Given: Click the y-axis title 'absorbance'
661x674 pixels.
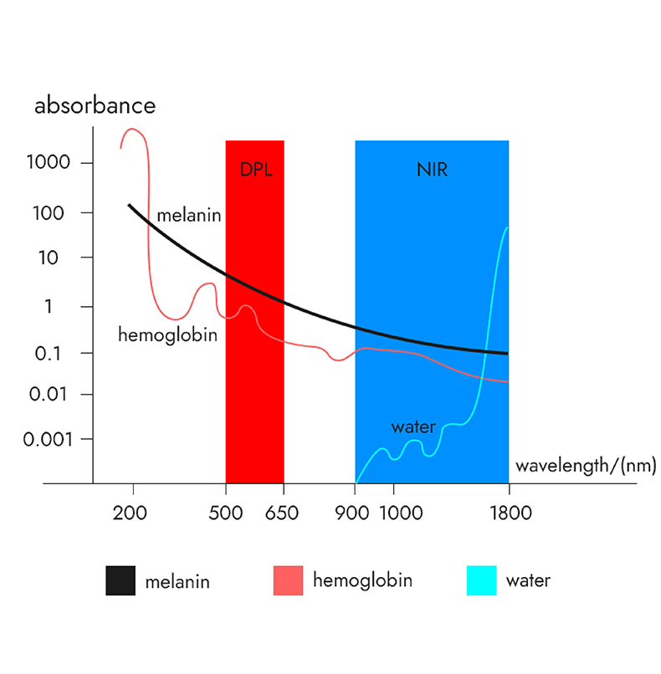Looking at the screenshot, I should pos(95,106).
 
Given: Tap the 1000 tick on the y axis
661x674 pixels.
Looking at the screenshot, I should pos(53,162).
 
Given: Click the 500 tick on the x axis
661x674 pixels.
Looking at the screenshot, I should pos(226,513).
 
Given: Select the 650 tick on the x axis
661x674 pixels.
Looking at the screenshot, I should pos(282,513).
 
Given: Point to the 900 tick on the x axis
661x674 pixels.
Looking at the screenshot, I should pos(356,513).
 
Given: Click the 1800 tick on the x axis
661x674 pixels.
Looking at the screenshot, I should pos(508,513).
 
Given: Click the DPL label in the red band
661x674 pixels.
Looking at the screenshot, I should pos(256,170).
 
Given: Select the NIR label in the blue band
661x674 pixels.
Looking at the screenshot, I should pos(432,170).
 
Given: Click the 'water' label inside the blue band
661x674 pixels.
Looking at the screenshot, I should pos(413,427).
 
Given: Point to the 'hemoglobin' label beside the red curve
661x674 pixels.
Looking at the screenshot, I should pos(167,335).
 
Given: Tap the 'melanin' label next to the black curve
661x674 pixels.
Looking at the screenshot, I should pos(188,216).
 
